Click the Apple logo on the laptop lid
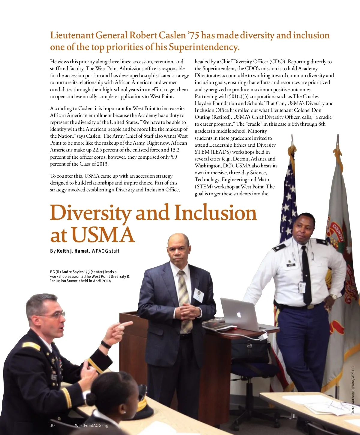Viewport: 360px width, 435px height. coord(239,315)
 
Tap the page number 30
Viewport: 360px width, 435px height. coord(52,425)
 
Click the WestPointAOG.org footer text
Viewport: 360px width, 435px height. coord(91,425)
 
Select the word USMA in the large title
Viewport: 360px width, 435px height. coord(103,235)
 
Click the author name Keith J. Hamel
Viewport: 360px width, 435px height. coord(73,251)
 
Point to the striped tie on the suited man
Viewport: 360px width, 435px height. coord(184,300)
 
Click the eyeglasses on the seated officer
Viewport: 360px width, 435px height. coord(55,315)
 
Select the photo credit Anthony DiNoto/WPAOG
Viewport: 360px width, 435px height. coord(353,390)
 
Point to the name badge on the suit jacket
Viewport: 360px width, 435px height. coord(198,294)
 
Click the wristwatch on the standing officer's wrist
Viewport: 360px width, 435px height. coord(333,297)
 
